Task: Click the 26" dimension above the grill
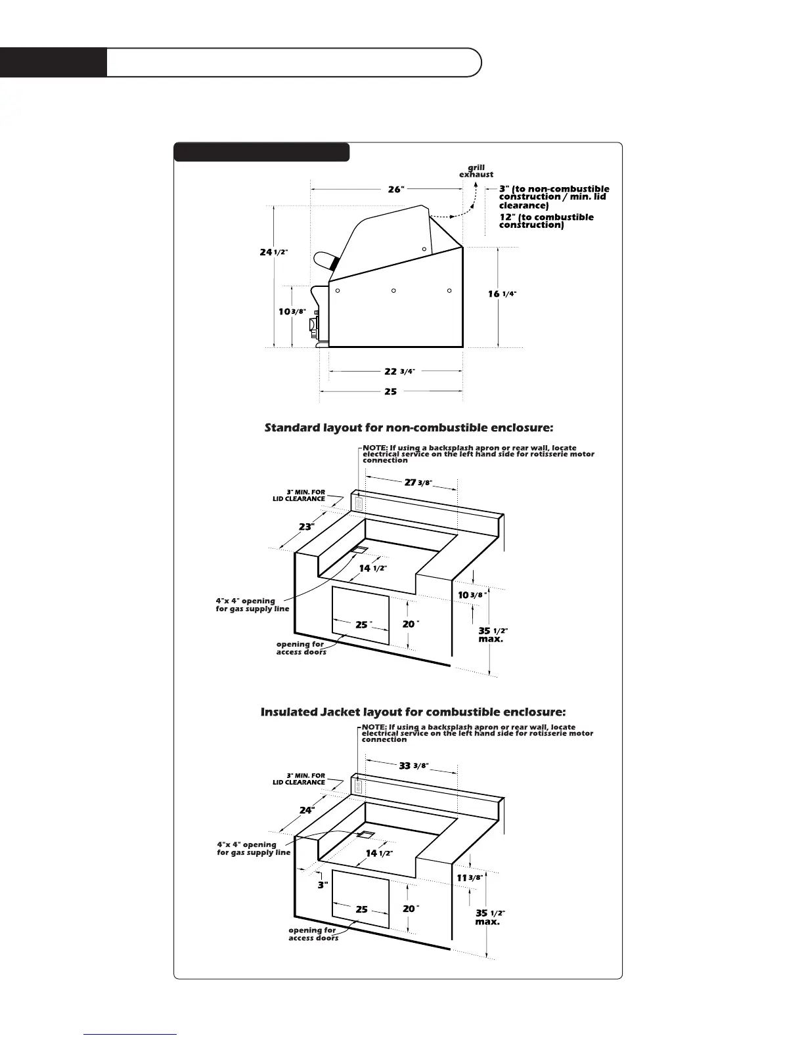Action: (x=395, y=189)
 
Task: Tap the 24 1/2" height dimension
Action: (x=273, y=252)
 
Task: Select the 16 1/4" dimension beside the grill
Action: (x=502, y=294)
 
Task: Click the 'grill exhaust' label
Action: (x=476, y=171)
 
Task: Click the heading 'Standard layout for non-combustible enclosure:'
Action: (x=409, y=428)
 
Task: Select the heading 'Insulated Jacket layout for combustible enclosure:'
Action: (x=413, y=712)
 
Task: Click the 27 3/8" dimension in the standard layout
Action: (x=417, y=483)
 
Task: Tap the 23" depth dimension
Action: (x=307, y=527)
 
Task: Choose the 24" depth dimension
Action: (x=307, y=810)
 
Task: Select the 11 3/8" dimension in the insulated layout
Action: (x=470, y=878)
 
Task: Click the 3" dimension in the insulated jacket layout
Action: (x=323, y=885)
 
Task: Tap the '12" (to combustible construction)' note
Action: (x=546, y=221)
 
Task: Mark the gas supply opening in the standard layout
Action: (x=361, y=549)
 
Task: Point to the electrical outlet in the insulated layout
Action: (x=358, y=785)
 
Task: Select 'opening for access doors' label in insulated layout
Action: (x=313, y=934)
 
